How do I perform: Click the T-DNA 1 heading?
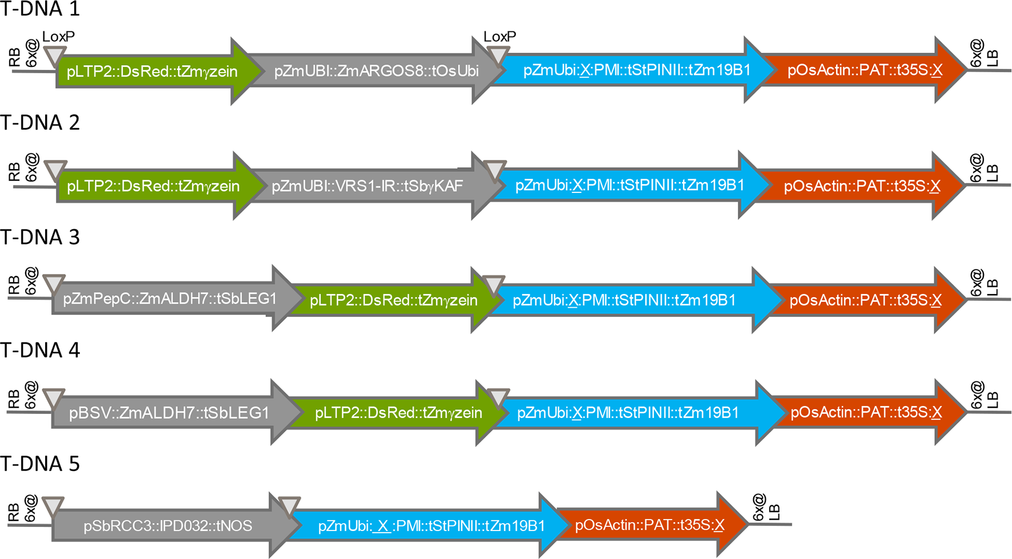40,9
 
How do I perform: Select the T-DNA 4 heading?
40,350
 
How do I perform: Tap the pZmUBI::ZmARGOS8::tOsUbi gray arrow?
376,71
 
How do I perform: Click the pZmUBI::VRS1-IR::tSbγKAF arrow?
367,186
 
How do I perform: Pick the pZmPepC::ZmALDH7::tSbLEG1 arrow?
170,299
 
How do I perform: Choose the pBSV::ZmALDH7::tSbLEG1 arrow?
169,413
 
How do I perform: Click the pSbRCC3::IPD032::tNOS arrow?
168,526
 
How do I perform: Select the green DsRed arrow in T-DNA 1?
152,71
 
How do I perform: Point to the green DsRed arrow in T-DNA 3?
393,300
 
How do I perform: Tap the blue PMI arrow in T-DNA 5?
431,526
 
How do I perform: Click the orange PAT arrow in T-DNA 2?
861,186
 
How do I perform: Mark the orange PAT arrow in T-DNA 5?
649,525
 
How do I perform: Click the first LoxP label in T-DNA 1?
58,37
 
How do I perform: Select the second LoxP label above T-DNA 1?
500,37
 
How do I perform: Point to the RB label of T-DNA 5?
14,513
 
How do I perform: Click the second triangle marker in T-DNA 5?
289,505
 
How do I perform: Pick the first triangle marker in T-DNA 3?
54,283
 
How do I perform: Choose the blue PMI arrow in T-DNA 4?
628,413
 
